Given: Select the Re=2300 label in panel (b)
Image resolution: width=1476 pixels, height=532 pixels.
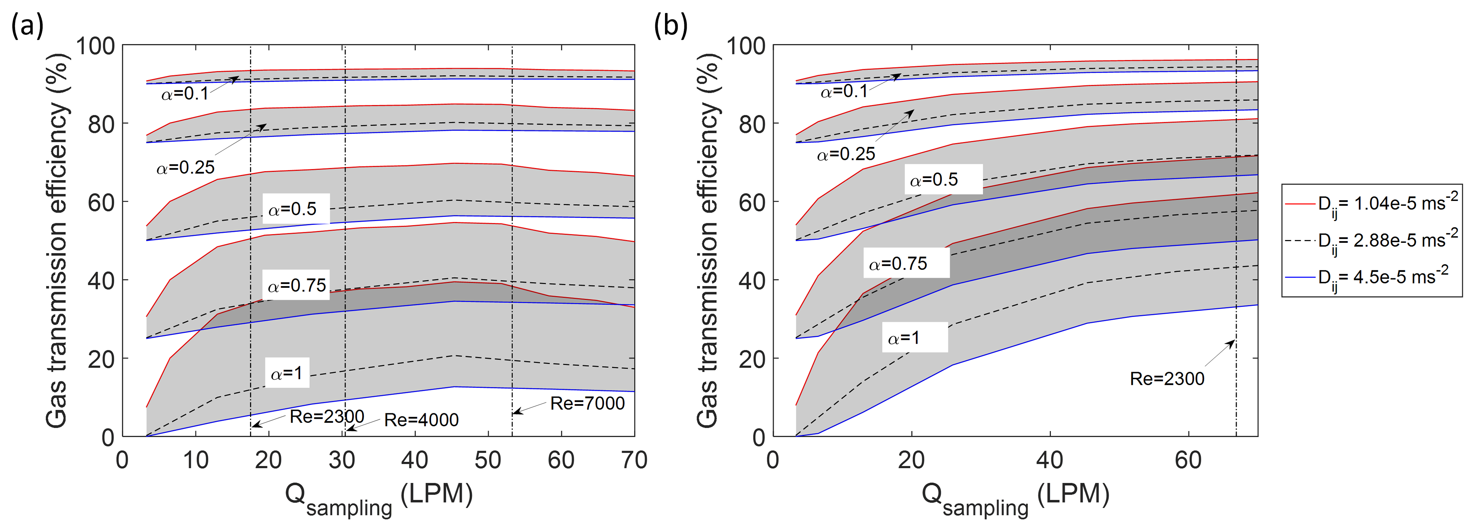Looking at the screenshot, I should pos(1167,378).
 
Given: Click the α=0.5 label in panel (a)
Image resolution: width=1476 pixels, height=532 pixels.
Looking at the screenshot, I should pos(292,209).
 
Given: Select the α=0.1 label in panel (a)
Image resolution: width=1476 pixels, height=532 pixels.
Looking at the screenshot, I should pos(185,93).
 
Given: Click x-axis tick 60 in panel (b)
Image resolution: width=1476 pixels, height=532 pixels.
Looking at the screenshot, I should pos(1188,460).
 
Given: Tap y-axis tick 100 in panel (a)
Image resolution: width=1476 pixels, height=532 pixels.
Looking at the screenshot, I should pos(95,46).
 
